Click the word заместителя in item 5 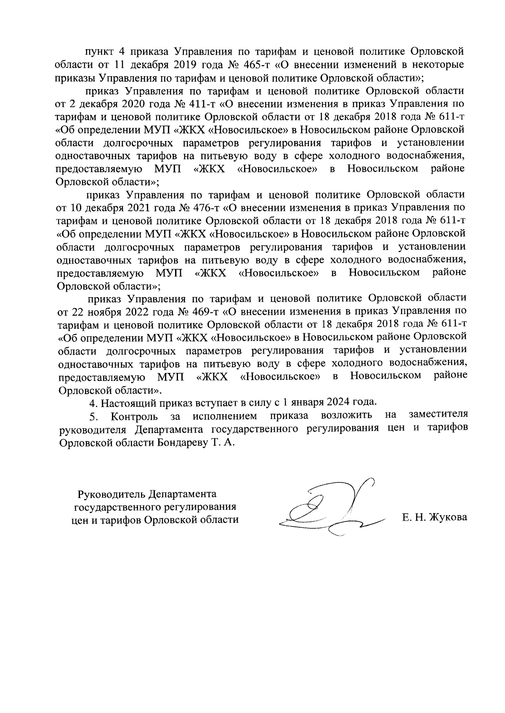coord(438,415)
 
